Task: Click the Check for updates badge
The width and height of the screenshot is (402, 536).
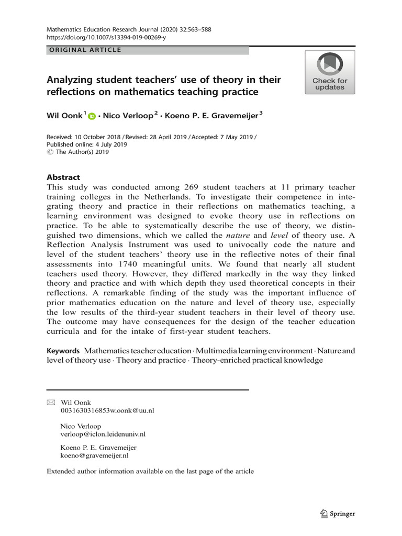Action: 330,72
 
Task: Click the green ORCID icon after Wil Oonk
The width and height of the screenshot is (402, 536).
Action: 92,117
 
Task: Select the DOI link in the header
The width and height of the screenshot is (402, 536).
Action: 107,38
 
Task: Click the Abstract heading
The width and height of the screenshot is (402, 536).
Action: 63,177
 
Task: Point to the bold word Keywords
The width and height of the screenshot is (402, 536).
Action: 63,351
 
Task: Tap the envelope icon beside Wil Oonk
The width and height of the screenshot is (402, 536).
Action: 50,402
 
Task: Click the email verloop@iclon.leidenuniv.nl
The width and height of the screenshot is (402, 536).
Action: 103,434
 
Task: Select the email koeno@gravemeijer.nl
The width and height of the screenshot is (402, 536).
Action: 95,455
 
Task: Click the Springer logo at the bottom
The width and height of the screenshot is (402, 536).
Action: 337,513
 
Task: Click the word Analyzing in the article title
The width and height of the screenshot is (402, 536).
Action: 70,80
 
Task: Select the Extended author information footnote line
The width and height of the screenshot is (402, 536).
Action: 150,471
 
